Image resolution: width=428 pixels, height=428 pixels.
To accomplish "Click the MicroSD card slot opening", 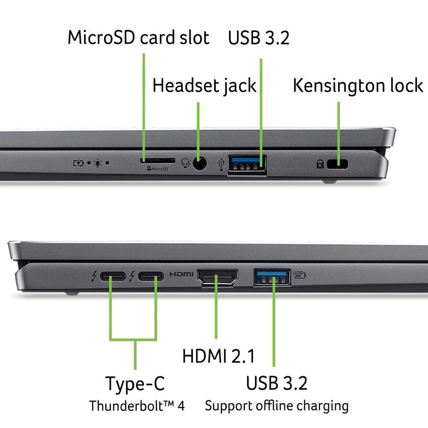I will pyautogui.click(x=157, y=159).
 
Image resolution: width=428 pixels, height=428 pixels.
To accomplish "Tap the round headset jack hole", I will pyautogui.click(x=199, y=164).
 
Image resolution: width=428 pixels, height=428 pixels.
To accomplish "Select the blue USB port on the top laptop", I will pyautogui.click(x=247, y=164).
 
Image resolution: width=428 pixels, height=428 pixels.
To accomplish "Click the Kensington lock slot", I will pyautogui.click(x=338, y=164).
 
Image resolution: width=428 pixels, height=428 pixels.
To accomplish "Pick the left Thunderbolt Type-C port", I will pyautogui.click(x=111, y=277).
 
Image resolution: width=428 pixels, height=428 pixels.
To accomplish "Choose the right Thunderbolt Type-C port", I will pyautogui.click(x=150, y=277).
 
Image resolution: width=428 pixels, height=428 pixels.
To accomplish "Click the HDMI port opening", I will pyautogui.click(x=217, y=278).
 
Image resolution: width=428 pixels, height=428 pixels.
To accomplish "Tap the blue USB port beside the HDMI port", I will pyautogui.click(x=272, y=277).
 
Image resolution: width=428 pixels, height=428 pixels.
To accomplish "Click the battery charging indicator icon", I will pyautogui.click(x=78, y=163).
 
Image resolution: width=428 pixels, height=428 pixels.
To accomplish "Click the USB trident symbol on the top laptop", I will pyautogui.click(x=221, y=165).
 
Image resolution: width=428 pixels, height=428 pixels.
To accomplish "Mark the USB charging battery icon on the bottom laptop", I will pyautogui.click(x=299, y=274).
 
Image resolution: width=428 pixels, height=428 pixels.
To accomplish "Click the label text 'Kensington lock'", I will pyautogui.click(x=358, y=85).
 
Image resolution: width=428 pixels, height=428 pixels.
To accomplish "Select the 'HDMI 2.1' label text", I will pyautogui.click(x=218, y=356).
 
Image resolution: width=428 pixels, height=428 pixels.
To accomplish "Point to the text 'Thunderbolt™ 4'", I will pyautogui.click(x=136, y=406).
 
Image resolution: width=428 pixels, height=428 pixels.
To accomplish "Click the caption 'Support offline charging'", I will pyautogui.click(x=276, y=406).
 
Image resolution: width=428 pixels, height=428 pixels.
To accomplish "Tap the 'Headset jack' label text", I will pyautogui.click(x=204, y=85).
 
